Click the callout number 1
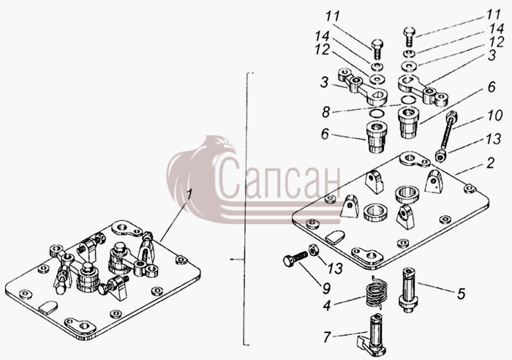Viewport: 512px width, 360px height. click(189, 195)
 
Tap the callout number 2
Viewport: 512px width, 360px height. click(491, 163)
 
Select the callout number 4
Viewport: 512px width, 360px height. click(327, 305)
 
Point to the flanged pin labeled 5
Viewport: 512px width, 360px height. click(408, 290)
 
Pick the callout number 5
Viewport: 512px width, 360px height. click(461, 293)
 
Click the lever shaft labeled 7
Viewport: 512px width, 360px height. click(372, 334)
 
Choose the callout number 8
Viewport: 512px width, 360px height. click(325, 112)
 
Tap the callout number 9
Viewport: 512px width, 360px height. click(326, 288)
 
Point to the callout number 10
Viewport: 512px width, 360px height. click(494, 116)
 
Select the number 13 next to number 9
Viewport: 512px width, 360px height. click(336, 269)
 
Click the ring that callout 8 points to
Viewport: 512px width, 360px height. click(408, 100)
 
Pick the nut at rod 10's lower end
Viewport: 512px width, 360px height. click(441, 156)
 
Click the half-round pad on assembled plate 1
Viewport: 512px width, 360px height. click(48, 307)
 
